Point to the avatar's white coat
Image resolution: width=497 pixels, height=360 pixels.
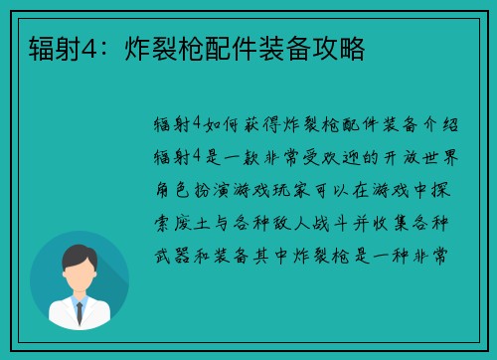tap(79, 316)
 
